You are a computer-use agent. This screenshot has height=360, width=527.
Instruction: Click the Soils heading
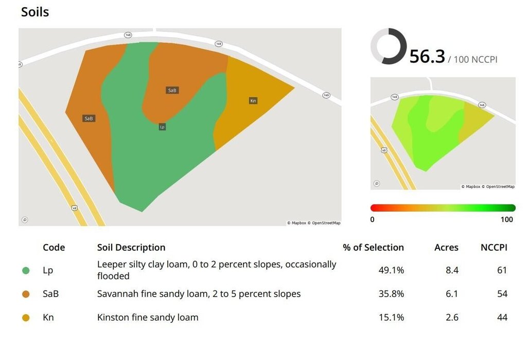tap(35, 12)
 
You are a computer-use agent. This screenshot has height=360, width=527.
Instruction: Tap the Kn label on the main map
tap(253, 100)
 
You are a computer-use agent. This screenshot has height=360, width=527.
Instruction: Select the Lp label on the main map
tap(162, 127)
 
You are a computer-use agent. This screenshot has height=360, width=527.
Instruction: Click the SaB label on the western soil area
tap(89, 118)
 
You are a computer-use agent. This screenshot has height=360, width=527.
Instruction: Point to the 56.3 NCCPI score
tap(427, 56)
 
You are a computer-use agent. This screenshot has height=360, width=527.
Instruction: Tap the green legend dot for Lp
tap(26, 270)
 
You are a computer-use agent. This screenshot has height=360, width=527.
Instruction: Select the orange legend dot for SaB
tap(26, 294)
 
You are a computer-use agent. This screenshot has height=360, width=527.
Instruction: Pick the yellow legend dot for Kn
tap(26, 318)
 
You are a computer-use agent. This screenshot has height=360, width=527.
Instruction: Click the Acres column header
tap(446, 248)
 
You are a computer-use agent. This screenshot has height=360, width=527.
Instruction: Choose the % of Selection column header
tap(374, 248)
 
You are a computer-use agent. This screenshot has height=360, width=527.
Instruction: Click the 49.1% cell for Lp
tap(391, 270)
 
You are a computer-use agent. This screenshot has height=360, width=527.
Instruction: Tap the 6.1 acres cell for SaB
tap(452, 294)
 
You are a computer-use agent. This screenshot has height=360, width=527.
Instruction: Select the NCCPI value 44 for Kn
tap(502, 317)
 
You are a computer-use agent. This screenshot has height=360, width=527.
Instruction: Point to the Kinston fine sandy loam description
tap(148, 317)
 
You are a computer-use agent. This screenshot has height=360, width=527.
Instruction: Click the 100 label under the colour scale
tap(506, 219)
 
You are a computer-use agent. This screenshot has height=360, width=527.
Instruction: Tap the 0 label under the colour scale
tap(372, 219)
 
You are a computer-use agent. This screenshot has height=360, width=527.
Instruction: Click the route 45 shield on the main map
tap(75, 208)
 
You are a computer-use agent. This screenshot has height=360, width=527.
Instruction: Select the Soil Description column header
tap(131, 248)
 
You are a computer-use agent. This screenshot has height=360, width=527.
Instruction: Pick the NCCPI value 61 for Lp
tap(502, 270)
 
